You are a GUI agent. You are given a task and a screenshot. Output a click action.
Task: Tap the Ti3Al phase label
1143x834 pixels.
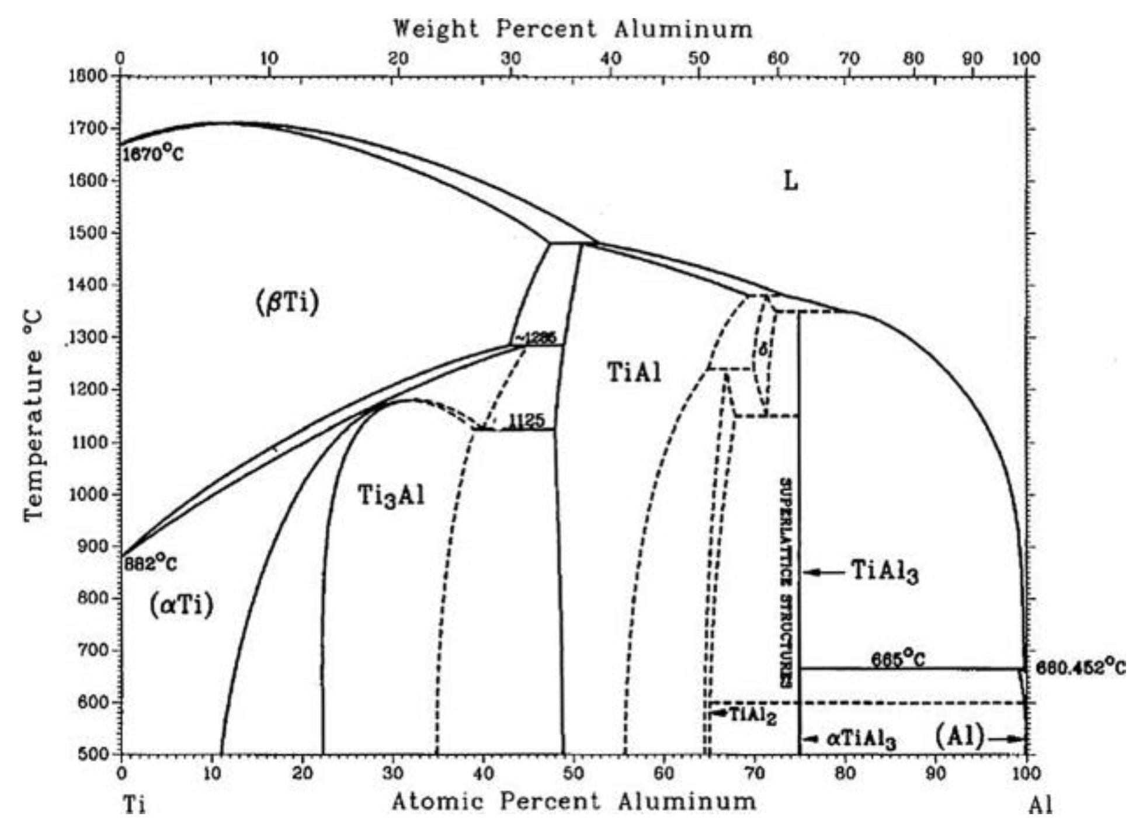tap(391, 496)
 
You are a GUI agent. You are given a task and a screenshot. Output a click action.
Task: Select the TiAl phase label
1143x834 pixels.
tap(634, 373)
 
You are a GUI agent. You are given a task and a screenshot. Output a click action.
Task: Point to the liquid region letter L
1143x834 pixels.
tap(790, 182)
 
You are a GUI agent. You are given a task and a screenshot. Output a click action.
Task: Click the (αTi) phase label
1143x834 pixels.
tap(181, 606)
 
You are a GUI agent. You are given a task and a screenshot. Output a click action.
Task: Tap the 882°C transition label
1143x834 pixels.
tap(150, 564)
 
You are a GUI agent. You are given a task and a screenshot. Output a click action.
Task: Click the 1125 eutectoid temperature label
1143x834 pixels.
tap(526, 421)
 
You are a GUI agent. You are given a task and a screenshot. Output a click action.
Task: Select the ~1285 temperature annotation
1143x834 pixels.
tap(536, 338)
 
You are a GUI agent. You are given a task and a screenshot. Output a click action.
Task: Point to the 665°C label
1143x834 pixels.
tap(898, 659)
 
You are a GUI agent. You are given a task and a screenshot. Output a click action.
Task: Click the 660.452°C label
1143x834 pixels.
tap(1080, 668)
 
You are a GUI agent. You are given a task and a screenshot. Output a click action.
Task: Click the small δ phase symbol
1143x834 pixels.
tap(763, 349)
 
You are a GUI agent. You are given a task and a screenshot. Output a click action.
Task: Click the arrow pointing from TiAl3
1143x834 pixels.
tap(824, 572)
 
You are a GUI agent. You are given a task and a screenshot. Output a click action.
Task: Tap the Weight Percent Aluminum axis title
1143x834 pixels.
tap(572, 29)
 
